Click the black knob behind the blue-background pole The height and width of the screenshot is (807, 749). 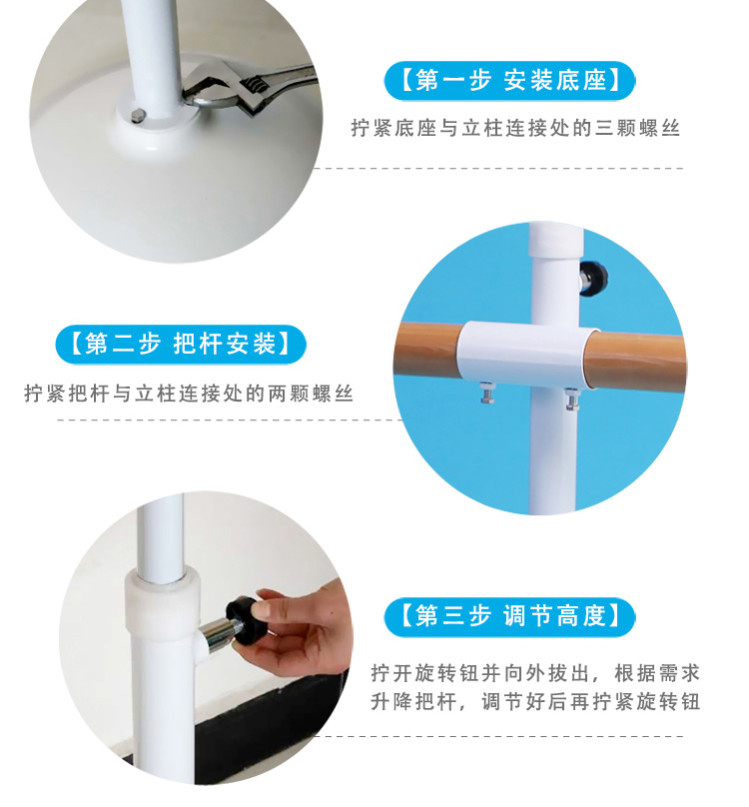(593, 275)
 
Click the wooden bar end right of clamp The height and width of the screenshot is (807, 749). (639, 355)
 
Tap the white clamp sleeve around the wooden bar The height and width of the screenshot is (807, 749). (527, 355)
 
